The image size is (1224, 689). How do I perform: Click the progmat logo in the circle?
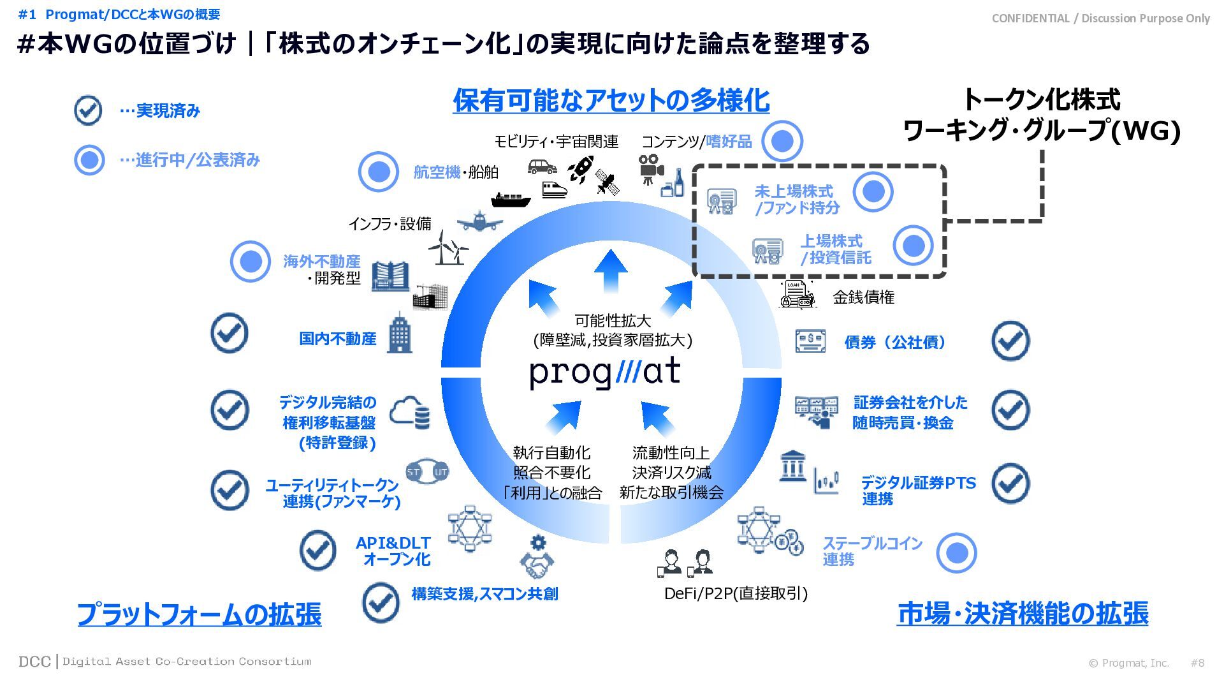(x=605, y=373)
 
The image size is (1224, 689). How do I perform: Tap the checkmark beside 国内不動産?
(x=229, y=333)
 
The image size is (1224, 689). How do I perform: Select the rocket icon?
(x=581, y=168)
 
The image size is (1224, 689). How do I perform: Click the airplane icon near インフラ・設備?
(x=479, y=221)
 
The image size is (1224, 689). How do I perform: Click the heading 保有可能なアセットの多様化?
(x=611, y=100)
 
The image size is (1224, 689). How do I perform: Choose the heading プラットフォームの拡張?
(x=199, y=614)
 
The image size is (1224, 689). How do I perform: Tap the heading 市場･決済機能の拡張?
(x=1022, y=613)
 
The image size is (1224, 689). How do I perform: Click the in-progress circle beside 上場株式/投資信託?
(x=913, y=246)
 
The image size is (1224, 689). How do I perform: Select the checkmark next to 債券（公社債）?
(x=1010, y=341)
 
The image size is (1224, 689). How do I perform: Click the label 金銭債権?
(x=863, y=297)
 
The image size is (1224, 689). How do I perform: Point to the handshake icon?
(x=537, y=565)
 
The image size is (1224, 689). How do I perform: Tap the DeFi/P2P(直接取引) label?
(x=736, y=593)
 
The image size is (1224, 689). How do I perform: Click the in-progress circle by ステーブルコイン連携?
(x=956, y=553)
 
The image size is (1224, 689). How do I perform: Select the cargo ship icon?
(x=510, y=200)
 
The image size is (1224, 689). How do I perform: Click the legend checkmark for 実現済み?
(x=88, y=110)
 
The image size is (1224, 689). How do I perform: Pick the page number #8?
(x=1197, y=663)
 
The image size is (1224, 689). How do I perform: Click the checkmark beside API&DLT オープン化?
(x=318, y=550)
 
